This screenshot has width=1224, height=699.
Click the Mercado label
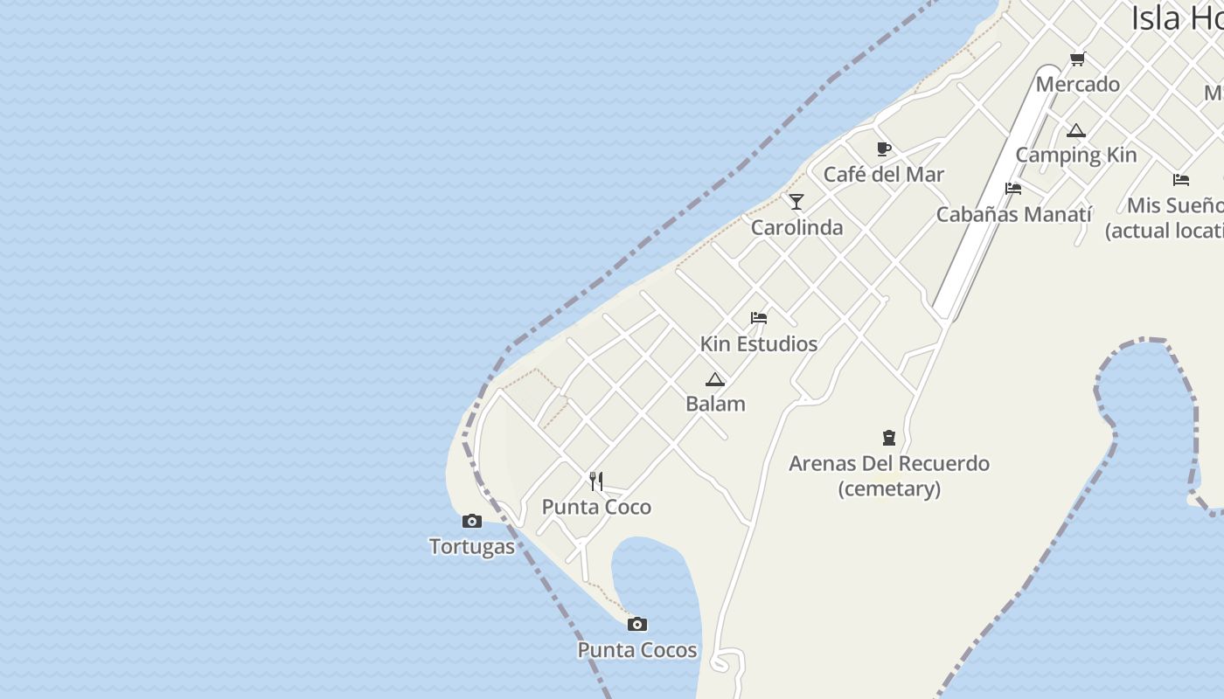pos(1077,85)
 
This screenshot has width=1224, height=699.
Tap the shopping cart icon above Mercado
pos(1077,59)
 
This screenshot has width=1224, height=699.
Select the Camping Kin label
pos(1075,156)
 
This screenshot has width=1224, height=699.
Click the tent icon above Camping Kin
pos(1076,131)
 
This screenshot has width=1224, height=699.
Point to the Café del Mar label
pos(884,175)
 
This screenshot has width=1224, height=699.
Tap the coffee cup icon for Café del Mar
pos(884,149)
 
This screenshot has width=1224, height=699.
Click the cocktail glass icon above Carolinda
pos(796,202)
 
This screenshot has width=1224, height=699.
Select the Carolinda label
pos(797,228)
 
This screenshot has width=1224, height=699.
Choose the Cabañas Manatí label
pos(1014,214)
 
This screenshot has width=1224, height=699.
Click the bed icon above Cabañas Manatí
pos(1013,189)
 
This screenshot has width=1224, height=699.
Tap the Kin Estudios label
pos(759,344)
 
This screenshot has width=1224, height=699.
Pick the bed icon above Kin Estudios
pos(759,318)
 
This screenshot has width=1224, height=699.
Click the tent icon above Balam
pos(715,379)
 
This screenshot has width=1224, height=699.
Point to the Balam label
pos(715,405)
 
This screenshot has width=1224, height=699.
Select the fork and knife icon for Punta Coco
pos(596,481)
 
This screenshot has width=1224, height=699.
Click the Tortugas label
pos(472,547)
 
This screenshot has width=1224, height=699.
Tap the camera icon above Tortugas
pos(472,522)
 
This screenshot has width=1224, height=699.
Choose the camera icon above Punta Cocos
pos(637,624)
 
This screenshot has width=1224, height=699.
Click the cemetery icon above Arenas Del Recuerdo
pos(889,438)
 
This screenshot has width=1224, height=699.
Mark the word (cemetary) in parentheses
pos(889,489)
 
